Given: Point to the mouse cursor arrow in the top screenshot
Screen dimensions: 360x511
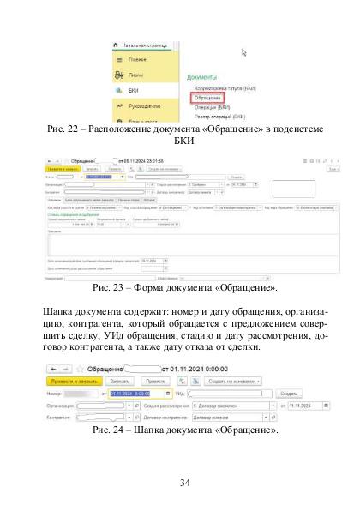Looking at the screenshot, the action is (243, 52).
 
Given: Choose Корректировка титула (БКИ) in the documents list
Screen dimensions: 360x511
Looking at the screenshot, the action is (219, 87).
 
